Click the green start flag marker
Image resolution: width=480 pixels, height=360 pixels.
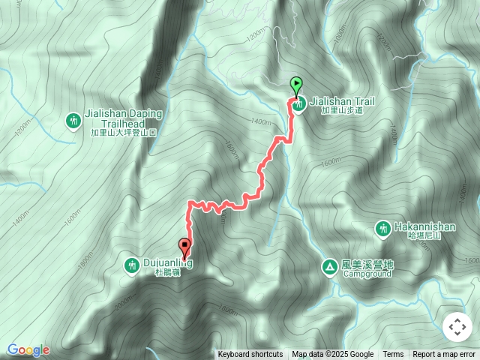click(x=296, y=85)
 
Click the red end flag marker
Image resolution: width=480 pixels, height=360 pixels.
click(x=184, y=245)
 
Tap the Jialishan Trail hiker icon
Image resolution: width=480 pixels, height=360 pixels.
click(x=298, y=106)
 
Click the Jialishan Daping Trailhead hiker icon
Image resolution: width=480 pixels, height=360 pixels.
click(x=73, y=120)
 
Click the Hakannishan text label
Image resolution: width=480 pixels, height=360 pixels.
click(x=425, y=225)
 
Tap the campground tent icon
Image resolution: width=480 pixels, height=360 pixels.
click(x=329, y=266)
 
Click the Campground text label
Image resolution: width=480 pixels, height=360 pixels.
click(x=367, y=274)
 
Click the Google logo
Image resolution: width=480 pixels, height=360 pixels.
click(x=28, y=350)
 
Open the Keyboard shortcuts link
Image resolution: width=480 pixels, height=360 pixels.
click(x=250, y=355)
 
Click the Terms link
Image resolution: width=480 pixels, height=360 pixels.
click(x=393, y=355)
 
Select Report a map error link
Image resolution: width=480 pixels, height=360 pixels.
click(x=444, y=355)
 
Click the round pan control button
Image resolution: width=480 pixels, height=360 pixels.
click(x=457, y=327)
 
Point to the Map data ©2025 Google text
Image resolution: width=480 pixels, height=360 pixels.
click(x=332, y=355)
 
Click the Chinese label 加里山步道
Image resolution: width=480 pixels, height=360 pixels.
click(x=342, y=110)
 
